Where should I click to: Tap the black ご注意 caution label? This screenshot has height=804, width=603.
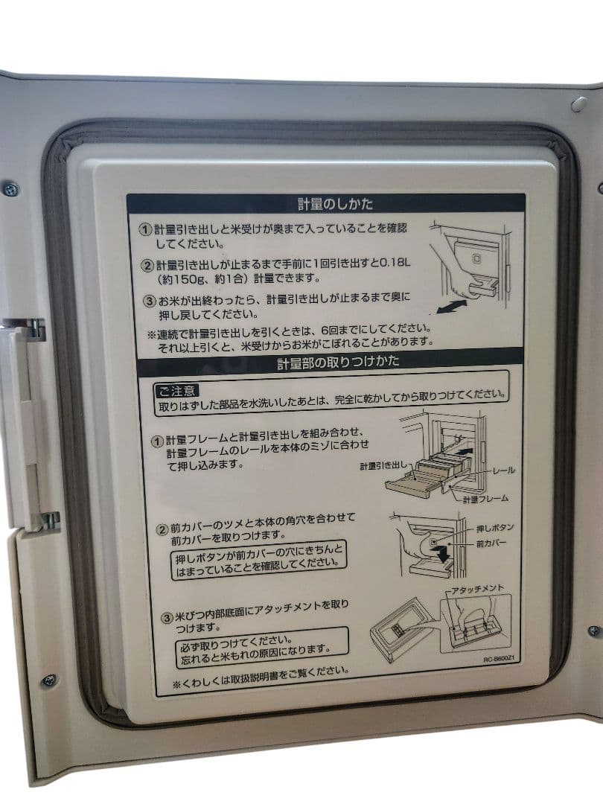click(176, 390)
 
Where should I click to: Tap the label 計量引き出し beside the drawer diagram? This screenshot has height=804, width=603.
click(383, 465)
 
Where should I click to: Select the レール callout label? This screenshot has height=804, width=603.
click(503, 470)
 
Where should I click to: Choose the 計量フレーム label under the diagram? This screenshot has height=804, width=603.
click(485, 498)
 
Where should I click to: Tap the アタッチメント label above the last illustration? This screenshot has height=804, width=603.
click(477, 589)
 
